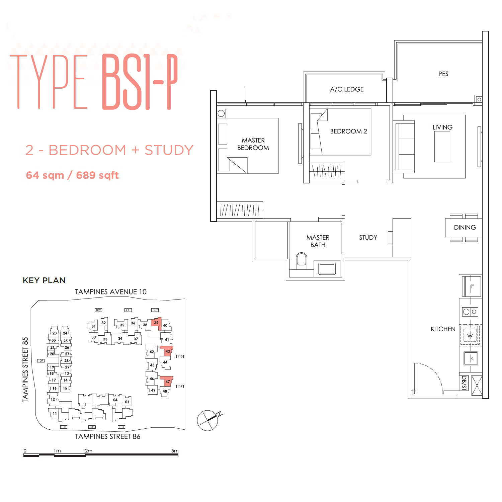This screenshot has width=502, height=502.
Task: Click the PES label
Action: tap(443, 74)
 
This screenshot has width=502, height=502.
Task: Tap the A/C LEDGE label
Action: tap(347, 89)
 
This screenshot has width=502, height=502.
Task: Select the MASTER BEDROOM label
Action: tap(253, 144)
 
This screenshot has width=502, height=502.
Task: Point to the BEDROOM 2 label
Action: tap(348, 131)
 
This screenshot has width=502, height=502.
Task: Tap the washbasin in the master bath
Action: tap(327, 268)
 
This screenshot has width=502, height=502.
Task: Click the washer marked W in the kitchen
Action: tap(470, 335)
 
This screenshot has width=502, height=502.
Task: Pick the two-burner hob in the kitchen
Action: tap(470, 312)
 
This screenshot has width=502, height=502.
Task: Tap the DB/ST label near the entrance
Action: tap(464, 383)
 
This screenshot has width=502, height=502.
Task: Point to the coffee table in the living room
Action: tap(442, 147)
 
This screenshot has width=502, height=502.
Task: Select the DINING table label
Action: tap(465, 228)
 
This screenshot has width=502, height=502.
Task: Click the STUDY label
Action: tap(368, 238)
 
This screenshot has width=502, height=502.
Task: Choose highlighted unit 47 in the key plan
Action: tap(167, 381)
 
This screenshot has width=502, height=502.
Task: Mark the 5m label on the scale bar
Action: tap(175, 451)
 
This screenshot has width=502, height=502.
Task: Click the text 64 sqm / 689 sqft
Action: tap(72, 175)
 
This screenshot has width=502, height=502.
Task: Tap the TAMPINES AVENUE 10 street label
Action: tap(111, 292)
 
